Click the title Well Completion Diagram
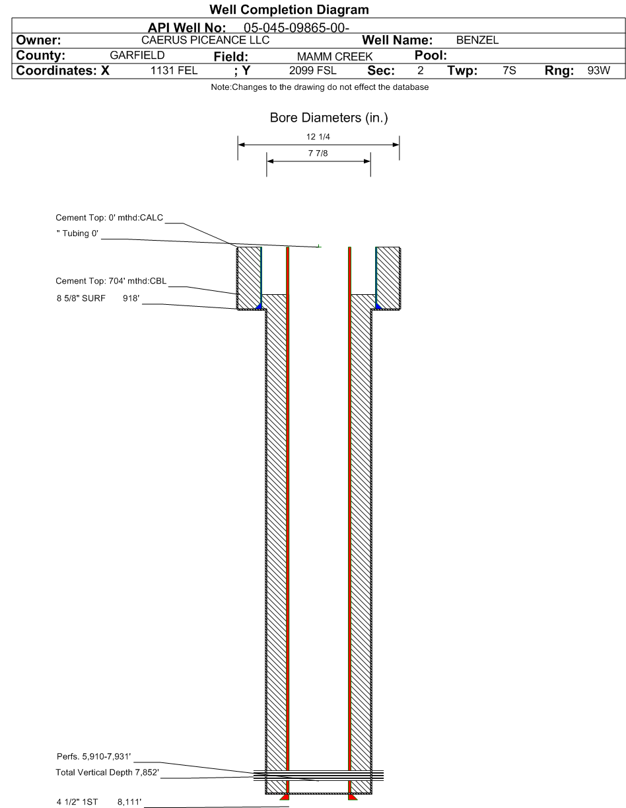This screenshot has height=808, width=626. pos(289,10)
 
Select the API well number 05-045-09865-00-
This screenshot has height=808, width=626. pos(296,28)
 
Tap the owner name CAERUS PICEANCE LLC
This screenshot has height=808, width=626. pos(205,40)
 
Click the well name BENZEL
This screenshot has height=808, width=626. pos(477,40)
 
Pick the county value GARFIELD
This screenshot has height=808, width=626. pos(137,56)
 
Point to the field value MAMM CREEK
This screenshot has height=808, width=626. pos(335,56)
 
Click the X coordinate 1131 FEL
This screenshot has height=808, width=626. pos(174,71)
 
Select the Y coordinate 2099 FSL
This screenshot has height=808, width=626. pos(312,71)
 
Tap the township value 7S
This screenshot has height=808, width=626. pos(509,71)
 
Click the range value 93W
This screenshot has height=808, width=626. pos(598,71)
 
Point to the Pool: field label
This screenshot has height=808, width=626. pos(431,56)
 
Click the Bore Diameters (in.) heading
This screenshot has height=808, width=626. pos(329,118)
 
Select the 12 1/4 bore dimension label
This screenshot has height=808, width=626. pos(318,137)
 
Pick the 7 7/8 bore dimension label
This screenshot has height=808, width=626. pos(318,153)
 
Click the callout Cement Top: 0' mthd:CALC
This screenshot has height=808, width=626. pos(109,218)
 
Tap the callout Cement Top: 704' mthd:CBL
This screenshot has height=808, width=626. pos(111,281)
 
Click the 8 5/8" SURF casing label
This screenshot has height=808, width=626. pos(81,298)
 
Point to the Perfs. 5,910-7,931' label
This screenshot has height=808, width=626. pos(94,756)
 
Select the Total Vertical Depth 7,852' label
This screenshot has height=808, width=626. pos(107,772)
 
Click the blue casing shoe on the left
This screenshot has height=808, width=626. pos(259,306)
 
